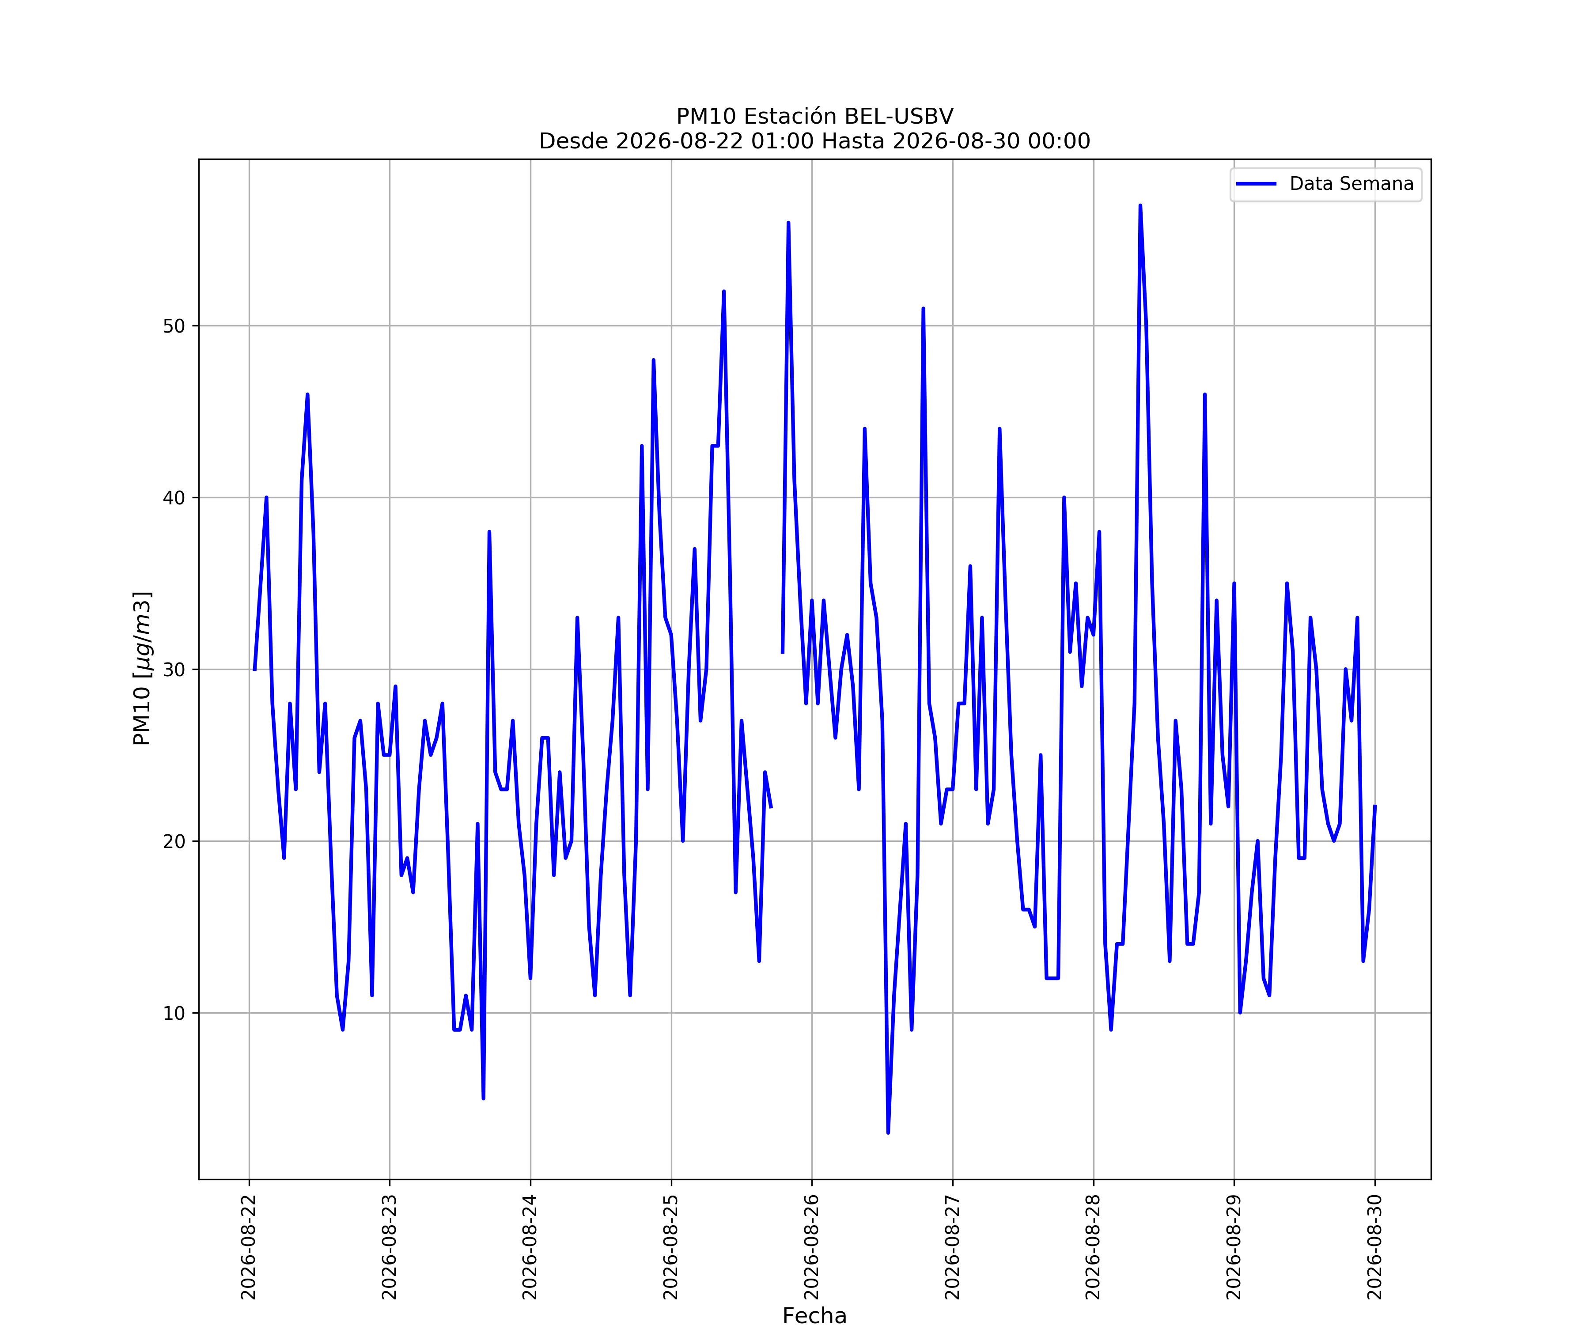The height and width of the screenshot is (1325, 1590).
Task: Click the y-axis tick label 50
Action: tap(174, 326)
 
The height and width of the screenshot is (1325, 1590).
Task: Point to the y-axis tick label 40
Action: tap(174, 498)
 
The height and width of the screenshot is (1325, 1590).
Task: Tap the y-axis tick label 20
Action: tap(174, 842)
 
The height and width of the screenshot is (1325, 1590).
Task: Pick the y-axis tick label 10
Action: tap(174, 1014)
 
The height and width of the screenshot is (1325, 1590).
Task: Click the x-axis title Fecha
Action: tap(815, 1316)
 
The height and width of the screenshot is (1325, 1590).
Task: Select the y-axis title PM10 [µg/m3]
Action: tap(142, 669)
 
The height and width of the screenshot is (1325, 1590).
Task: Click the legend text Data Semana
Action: tap(1351, 184)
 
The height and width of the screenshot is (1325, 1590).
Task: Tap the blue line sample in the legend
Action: tap(1256, 184)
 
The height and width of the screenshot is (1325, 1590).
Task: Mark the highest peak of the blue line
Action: tap(1140, 205)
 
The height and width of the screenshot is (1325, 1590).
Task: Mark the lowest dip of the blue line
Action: tap(888, 1133)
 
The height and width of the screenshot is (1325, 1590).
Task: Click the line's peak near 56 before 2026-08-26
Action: tap(788, 223)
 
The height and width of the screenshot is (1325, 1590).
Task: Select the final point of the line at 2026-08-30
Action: tap(1375, 806)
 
